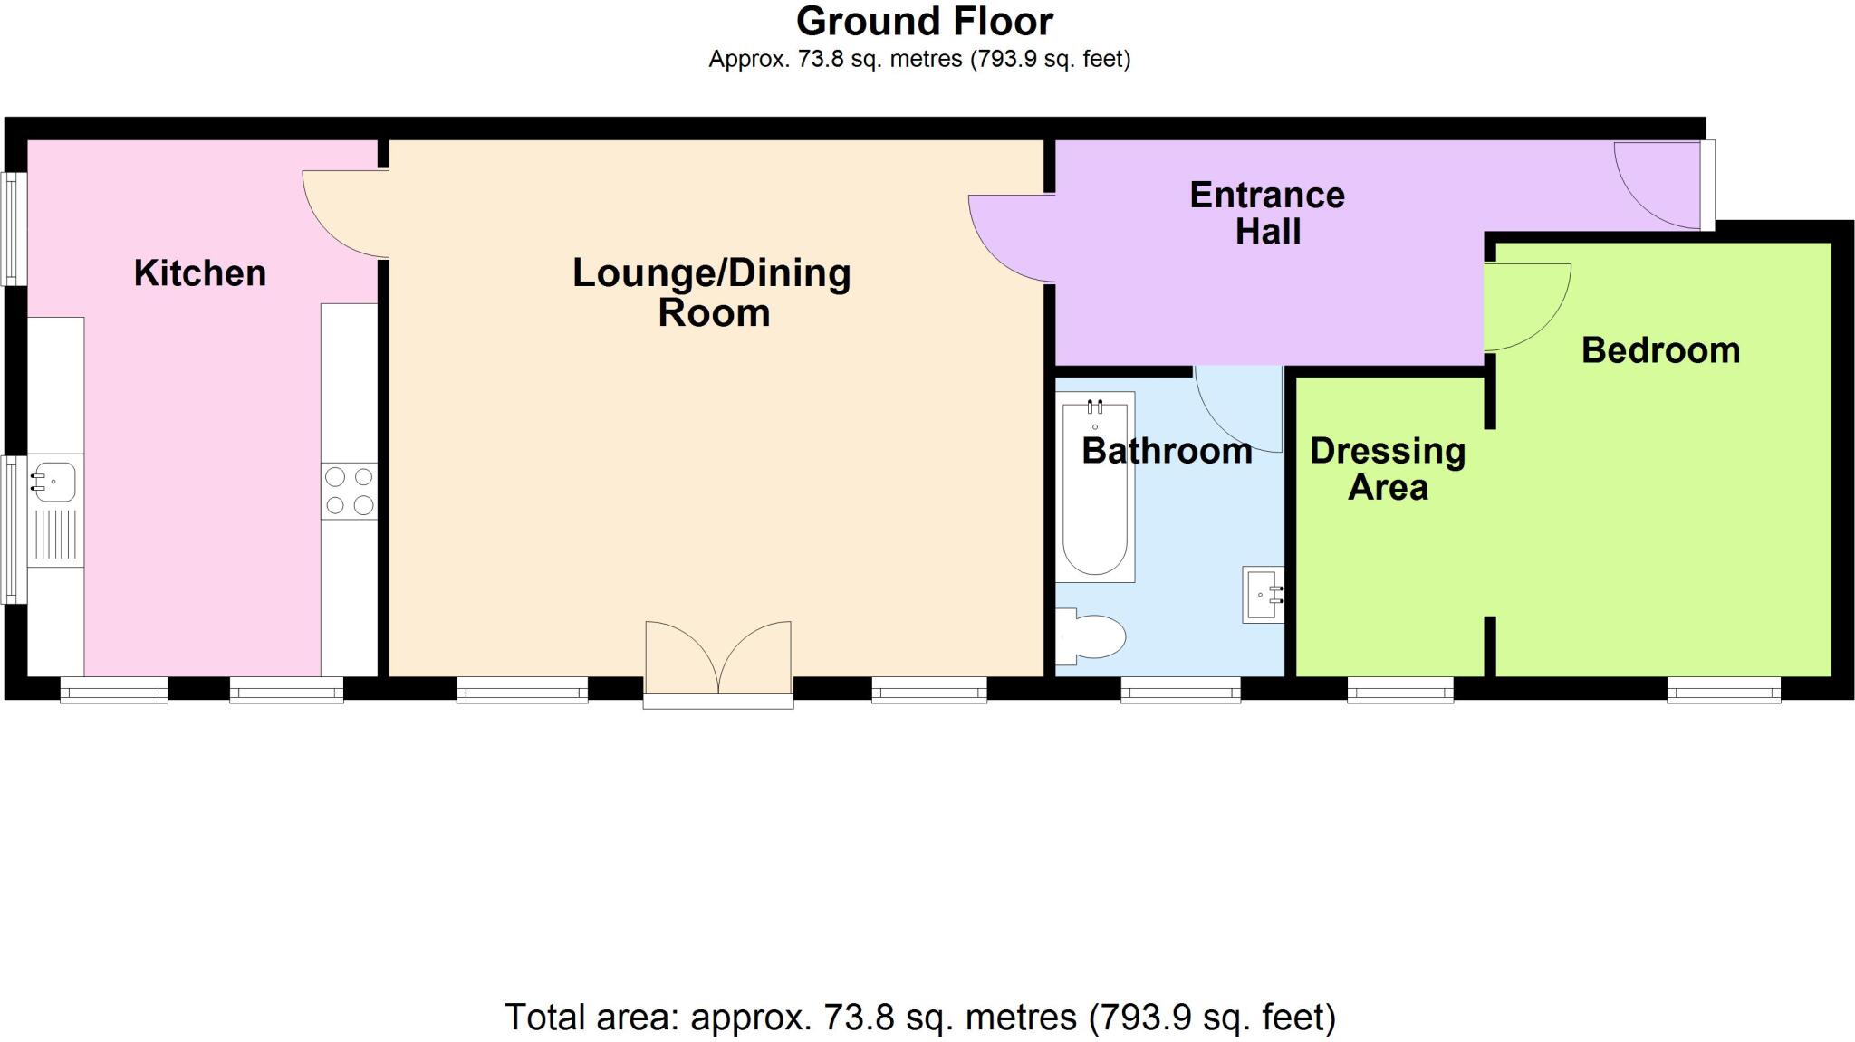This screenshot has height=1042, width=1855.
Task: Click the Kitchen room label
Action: coord(200,273)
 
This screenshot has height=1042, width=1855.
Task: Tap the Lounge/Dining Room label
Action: coord(712,292)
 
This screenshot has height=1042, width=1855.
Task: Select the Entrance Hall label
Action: coord(1267,213)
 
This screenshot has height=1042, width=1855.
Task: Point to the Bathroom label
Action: coord(1167,451)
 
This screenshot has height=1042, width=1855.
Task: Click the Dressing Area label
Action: coord(1388,469)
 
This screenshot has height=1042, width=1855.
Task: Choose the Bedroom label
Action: coord(1660,350)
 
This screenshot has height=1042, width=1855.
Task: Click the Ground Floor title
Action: coord(924,21)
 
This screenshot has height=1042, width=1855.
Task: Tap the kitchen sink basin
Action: coord(54,481)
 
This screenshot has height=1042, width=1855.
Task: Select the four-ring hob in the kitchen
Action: coord(350,491)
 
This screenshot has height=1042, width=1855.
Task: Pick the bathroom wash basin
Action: coord(1263,595)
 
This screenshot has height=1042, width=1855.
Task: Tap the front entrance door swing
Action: coord(1653,186)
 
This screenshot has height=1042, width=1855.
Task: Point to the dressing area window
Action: coord(1400,691)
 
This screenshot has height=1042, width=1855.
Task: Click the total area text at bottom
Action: coord(919,1018)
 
